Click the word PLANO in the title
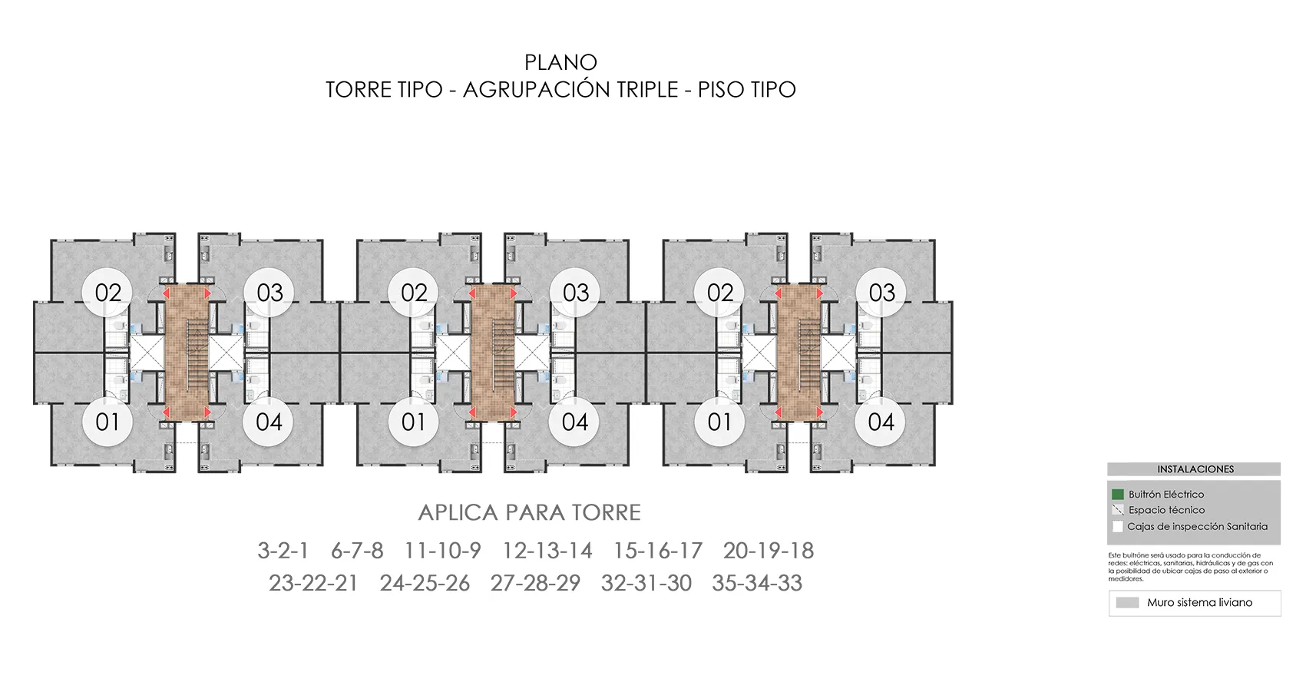[560, 62]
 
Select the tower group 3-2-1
[283, 551]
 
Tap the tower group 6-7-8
[357, 551]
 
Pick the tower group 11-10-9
[442, 551]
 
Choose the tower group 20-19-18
[768, 551]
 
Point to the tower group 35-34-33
[756, 583]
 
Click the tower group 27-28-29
[535, 583]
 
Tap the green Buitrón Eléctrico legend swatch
[1118, 495]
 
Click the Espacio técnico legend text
[1166, 510]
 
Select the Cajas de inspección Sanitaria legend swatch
[1118, 527]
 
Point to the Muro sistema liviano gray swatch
[1127, 603]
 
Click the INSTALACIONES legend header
[1195, 469]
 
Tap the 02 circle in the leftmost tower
[108, 293]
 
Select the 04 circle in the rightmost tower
[881, 422]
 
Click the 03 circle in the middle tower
[575, 293]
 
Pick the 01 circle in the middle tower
[413, 422]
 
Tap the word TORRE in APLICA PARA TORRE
[606, 512]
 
